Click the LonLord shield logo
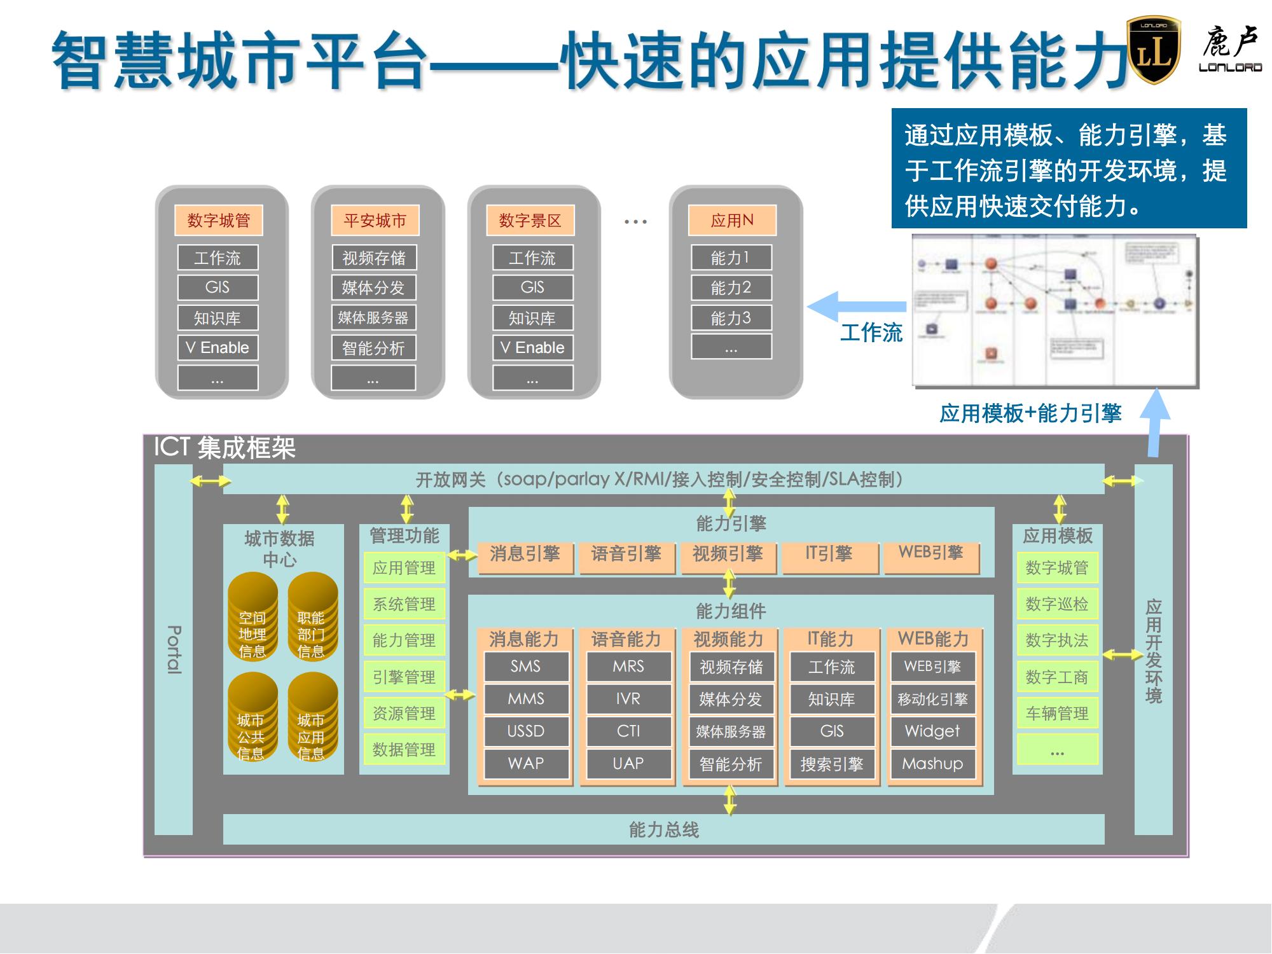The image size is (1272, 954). [1153, 51]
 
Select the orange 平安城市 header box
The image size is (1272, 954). [375, 220]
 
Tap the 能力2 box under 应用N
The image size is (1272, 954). [731, 287]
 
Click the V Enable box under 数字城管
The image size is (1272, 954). [218, 347]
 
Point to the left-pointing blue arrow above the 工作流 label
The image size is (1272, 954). [855, 307]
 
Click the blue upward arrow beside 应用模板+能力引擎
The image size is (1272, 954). [1154, 423]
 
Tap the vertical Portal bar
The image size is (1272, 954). [174, 649]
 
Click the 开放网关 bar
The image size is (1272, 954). [661, 479]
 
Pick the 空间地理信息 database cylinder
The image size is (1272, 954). [252, 617]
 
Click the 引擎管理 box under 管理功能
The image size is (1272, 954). [404, 677]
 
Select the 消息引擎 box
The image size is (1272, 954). [525, 555]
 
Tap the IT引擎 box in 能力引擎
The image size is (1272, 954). [829, 555]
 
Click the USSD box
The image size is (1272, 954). [526, 731]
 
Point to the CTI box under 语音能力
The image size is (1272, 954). [628, 731]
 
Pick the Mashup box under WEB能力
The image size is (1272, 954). [932, 763]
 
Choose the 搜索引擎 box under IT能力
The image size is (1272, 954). [831, 763]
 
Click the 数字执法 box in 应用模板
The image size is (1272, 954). [1057, 640]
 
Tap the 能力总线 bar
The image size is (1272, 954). [663, 829]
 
